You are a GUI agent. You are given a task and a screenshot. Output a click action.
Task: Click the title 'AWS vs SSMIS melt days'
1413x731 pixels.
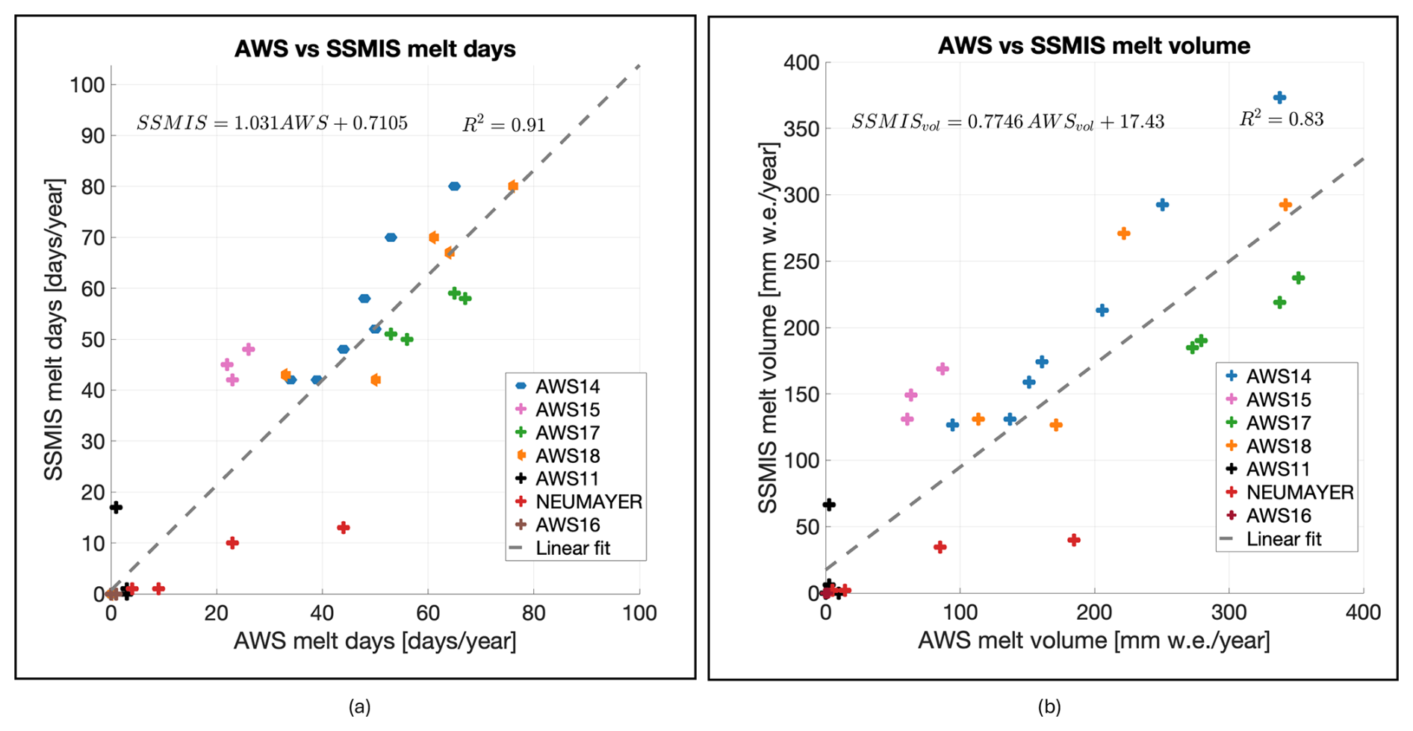tap(375, 49)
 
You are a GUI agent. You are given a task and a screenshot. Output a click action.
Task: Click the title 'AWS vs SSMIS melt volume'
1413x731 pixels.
tap(1093, 46)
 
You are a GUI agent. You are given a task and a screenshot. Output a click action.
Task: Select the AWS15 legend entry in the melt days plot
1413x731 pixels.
tap(567, 410)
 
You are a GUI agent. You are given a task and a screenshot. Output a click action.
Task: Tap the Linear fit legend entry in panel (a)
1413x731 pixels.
tap(572, 549)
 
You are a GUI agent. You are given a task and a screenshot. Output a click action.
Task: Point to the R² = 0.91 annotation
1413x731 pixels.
tap(503, 125)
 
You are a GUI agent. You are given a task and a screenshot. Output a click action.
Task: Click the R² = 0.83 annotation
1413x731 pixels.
tap(1281, 119)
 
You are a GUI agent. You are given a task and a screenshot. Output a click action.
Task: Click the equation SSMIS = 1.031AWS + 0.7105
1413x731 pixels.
tap(272, 123)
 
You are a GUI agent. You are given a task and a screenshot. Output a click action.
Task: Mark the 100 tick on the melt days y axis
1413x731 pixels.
tap(87, 85)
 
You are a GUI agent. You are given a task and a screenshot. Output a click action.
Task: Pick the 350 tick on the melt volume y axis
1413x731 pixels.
tap(801, 129)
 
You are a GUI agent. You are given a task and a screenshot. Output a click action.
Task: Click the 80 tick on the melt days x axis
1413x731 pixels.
tap(533, 614)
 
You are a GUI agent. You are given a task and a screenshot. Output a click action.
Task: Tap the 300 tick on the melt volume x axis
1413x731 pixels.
tap(1229, 613)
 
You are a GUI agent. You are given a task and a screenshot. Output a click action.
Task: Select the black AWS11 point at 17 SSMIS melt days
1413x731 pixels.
tap(116, 508)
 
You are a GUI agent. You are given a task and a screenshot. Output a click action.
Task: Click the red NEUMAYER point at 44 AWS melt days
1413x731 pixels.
tap(344, 528)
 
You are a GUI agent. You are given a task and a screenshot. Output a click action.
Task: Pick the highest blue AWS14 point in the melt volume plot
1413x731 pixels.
tap(1279, 98)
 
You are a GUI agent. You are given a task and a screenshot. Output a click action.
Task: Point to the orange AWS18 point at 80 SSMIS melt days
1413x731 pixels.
tap(513, 186)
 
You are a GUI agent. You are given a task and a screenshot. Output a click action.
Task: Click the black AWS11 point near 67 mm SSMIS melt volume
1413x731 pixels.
tap(828, 505)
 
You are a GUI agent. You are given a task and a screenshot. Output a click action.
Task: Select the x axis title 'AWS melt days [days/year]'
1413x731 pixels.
tap(375, 641)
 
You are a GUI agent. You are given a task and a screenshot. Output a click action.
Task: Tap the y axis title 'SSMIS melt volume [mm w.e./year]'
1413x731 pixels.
tap(768, 328)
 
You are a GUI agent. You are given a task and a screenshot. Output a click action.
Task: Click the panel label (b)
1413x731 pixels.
tap(1049, 706)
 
